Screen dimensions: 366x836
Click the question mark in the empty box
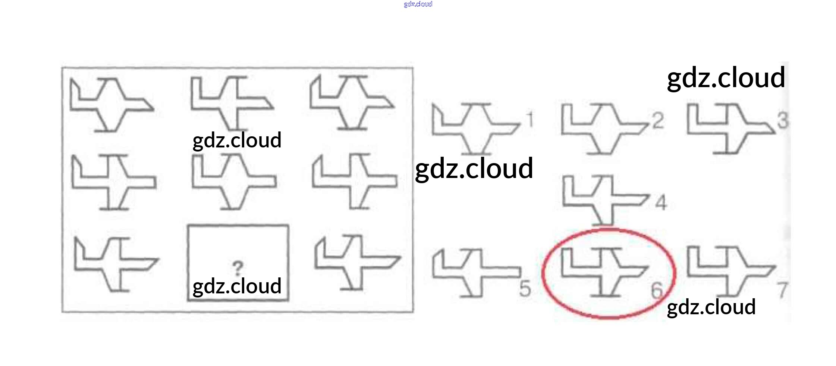point(238,268)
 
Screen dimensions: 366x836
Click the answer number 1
point(530,120)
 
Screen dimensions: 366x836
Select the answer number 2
point(658,121)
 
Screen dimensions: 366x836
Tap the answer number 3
point(783,121)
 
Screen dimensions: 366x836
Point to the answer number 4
point(661,203)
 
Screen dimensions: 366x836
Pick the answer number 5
point(525,288)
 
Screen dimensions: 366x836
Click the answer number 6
point(657,290)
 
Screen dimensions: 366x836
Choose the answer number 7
point(782,290)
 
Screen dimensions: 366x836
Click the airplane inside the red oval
point(604,272)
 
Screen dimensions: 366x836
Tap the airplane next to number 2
point(604,128)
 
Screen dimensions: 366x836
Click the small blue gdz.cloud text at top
point(418,4)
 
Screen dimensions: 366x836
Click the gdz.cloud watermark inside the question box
point(237,286)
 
